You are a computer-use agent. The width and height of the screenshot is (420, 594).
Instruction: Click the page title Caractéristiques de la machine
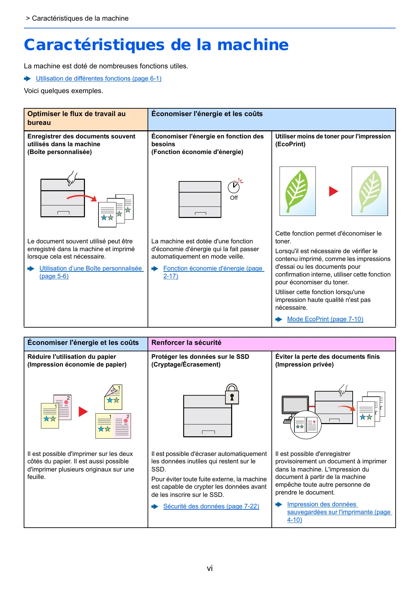click(x=156, y=45)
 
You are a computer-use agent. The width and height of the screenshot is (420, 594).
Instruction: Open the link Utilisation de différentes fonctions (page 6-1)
click(x=98, y=79)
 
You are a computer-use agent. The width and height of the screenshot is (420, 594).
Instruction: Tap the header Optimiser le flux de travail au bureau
click(x=76, y=118)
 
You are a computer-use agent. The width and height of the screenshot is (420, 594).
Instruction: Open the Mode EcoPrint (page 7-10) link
click(x=325, y=319)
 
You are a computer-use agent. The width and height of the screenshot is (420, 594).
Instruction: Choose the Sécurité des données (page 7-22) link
click(x=211, y=506)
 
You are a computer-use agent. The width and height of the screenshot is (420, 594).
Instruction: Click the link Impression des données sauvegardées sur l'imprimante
click(x=339, y=512)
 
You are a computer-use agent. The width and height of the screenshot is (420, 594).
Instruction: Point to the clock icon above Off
click(x=234, y=187)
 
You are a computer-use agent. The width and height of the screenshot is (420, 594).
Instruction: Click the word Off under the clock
click(x=234, y=198)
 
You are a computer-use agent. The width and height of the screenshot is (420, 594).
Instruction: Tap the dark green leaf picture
click(x=297, y=191)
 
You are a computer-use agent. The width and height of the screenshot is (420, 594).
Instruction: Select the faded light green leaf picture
click(x=370, y=191)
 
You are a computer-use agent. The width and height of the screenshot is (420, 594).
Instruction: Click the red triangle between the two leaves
click(x=333, y=191)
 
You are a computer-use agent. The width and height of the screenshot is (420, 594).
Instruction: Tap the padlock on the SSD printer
click(x=232, y=395)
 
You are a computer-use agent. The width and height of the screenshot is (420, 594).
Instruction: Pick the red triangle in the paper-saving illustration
click(x=83, y=412)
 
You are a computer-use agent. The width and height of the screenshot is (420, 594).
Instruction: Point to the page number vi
click(x=210, y=568)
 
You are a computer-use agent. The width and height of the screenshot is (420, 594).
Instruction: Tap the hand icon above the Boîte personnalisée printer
click(x=72, y=178)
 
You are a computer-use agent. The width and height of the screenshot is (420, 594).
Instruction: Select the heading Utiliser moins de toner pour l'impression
click(x=333, y=136)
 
